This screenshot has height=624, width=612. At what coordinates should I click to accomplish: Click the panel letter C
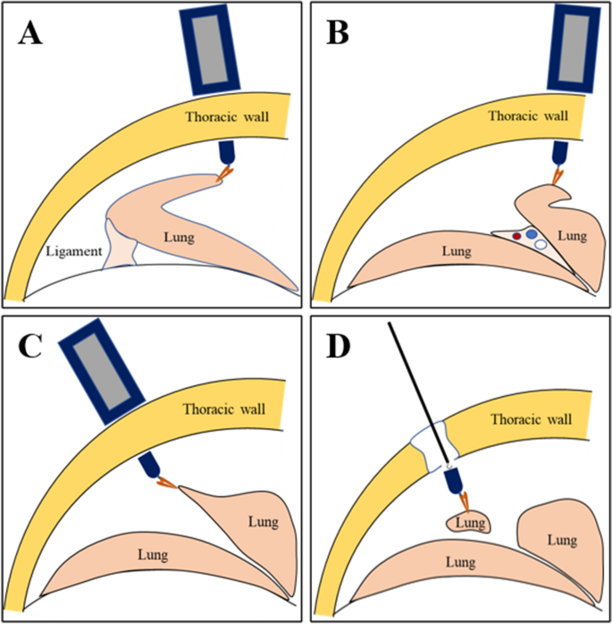[32, 346]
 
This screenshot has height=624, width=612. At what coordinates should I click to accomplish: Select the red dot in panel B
[516, 235]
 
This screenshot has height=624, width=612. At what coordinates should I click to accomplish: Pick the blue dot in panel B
[532, 233]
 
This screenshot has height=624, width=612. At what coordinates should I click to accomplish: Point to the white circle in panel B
[540, 243]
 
